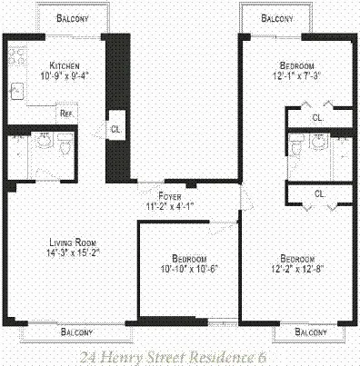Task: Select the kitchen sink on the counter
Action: [16, 90]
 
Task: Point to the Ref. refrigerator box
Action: [66, 114]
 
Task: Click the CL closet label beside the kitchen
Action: [115, 128]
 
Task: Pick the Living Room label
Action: [72, 242]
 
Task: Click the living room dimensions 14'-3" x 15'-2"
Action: [72, 253]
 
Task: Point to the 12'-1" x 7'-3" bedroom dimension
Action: [297, 77]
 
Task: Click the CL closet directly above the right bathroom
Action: [316, 117]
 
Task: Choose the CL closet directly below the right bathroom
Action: [318, 193]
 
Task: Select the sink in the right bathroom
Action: [317, 143]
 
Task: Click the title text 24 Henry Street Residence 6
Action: [180, 355]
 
